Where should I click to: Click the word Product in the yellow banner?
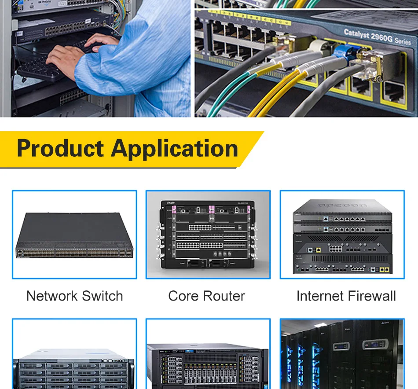[x=60, y=148]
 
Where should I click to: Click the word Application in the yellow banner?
[x=175, y=149]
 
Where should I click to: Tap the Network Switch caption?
[x=74, y=296]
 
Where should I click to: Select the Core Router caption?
[x=206, y=296]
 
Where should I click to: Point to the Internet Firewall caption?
[x=346, y=296]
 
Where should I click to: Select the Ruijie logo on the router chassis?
[x=168, y=202]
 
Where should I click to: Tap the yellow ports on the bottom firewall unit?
[x=385, y=269]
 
